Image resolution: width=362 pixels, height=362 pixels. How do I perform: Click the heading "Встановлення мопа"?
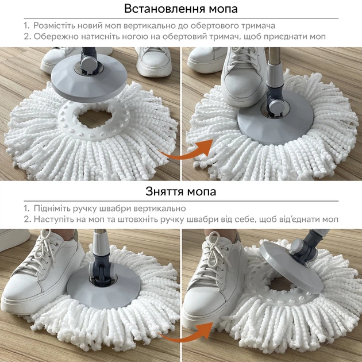pyautogui.click(x=181, y=9)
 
